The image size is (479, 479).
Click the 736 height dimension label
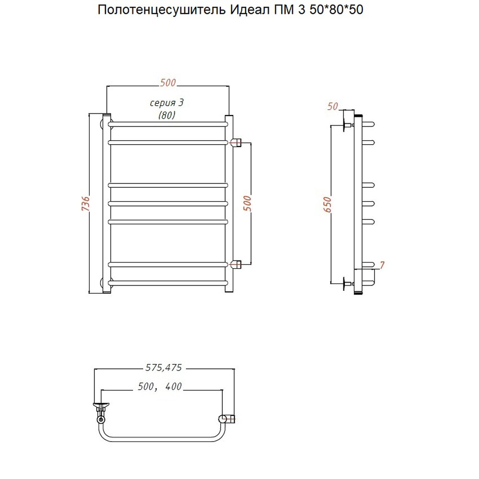[85, 205]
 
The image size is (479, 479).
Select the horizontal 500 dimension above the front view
[168, 83]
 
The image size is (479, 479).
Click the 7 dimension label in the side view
[382, 265]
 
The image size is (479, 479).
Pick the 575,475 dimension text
[163, 368]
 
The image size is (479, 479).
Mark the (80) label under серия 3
[167, 115]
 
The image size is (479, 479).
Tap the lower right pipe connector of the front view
[237, 264]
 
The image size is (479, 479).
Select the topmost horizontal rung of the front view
[168, 124]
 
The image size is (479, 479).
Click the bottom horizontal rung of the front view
[168, 284]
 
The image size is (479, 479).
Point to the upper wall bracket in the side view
[347, 126]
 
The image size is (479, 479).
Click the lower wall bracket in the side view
[347, 284]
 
